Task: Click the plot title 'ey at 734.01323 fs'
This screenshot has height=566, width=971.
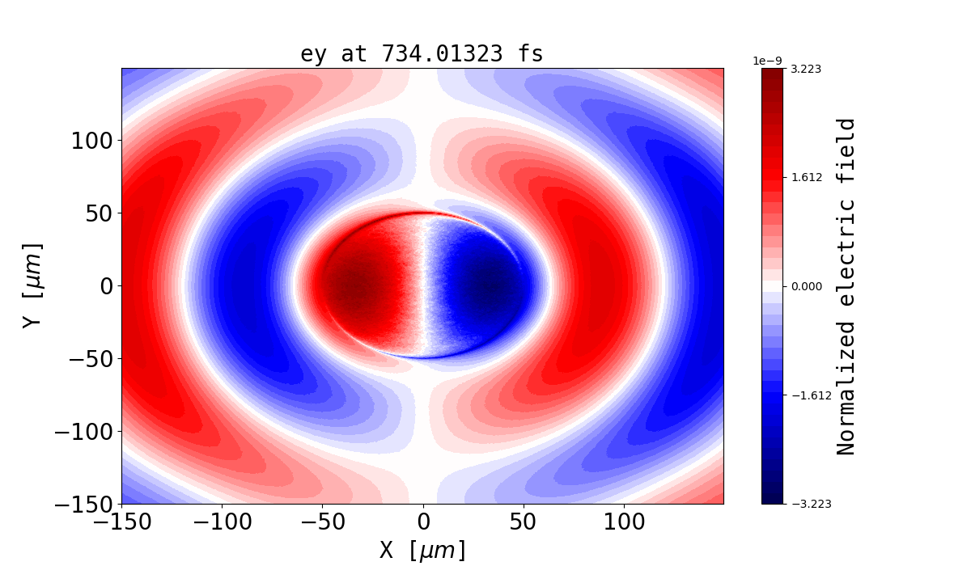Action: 422,54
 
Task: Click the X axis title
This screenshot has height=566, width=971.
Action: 422,550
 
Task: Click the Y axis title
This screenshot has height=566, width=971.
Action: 32,285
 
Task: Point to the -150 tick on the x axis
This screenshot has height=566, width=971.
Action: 122,522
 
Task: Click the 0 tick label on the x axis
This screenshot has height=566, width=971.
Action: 423,522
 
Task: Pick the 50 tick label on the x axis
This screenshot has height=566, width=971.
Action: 524,522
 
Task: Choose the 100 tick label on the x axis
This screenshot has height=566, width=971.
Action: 624,522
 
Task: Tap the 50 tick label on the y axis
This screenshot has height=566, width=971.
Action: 100,213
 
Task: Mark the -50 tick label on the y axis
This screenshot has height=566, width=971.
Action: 86,359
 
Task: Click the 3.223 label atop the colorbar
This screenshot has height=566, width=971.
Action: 806,69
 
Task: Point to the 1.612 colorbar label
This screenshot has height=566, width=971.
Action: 806,177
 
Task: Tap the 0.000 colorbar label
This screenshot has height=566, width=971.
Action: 806,286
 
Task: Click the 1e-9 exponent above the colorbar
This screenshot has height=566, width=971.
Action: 767,61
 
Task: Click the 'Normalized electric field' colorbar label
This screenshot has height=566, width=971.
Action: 846,286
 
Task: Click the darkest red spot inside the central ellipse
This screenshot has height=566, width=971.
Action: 354,285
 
